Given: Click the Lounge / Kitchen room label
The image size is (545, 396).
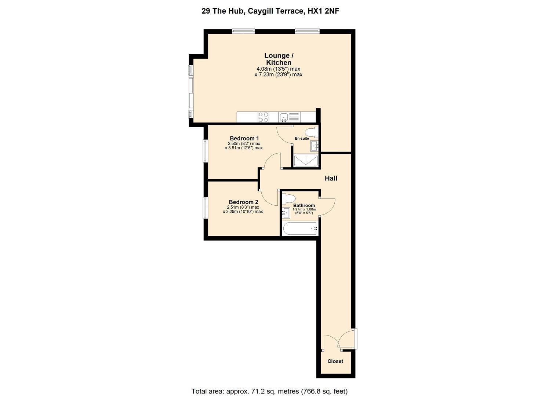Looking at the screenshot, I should pos(279,59).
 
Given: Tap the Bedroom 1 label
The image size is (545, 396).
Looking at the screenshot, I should pos(244,138).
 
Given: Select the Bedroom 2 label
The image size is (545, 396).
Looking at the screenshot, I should pos(243,202).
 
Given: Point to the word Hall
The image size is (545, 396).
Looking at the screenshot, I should pos(331,179).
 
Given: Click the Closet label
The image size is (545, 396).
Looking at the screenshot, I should pos(335,361).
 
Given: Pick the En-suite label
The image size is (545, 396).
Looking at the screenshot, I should pos(302,138).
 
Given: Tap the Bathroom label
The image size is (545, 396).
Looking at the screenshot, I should pos(304,205).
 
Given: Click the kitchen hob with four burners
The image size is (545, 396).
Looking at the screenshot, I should pos(263,117).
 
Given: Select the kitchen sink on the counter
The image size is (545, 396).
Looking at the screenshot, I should pos(284,117).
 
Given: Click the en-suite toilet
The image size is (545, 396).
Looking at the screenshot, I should pos(312,132).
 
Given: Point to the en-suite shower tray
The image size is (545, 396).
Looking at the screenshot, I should pos(305,161).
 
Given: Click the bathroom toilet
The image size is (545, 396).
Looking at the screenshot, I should pos(288,198).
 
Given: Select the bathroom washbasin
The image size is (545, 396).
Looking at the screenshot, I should pos(286,212).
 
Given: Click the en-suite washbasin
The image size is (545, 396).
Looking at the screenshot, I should pos(315,146).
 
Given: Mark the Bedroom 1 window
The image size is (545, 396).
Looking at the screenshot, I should pos(206,150).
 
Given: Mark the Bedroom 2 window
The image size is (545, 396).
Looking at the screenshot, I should pos(206,208).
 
